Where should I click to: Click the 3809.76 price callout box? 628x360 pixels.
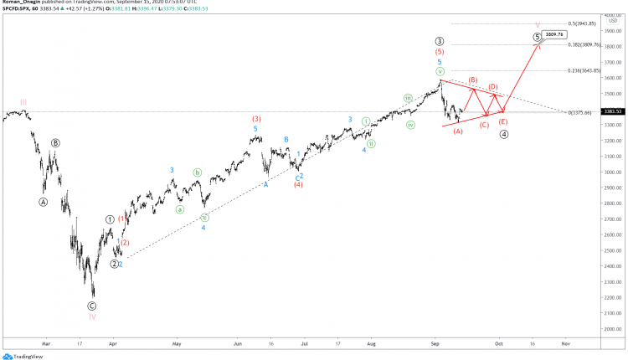pyautogui.click(x=554, y=34)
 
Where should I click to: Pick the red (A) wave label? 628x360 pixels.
pyautogui.click(x=458, y=131)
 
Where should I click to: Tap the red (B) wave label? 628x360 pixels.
pyautogui.click(x=473, y=80)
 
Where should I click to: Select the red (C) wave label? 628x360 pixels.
pyautogui.click(x=484, y=125)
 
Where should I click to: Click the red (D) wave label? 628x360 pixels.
pyautogui.click(x=494, y=86)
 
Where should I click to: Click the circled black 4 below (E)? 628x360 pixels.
pyautogui.click(x=503, y=134)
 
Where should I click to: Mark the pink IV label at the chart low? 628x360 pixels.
pyautogui.click(x=92, y=316)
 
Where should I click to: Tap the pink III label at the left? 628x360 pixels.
pyautogui.click(x=23, y=102)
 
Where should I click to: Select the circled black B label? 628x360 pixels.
pyautogui.click(x=55, y=143)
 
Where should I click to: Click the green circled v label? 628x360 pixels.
pyautogui.click(x=439, y=72)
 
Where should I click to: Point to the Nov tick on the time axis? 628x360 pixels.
pyautogui.click(x=565, y=343)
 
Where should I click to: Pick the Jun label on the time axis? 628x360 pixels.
pyautogui.click(x=238, y=343)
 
